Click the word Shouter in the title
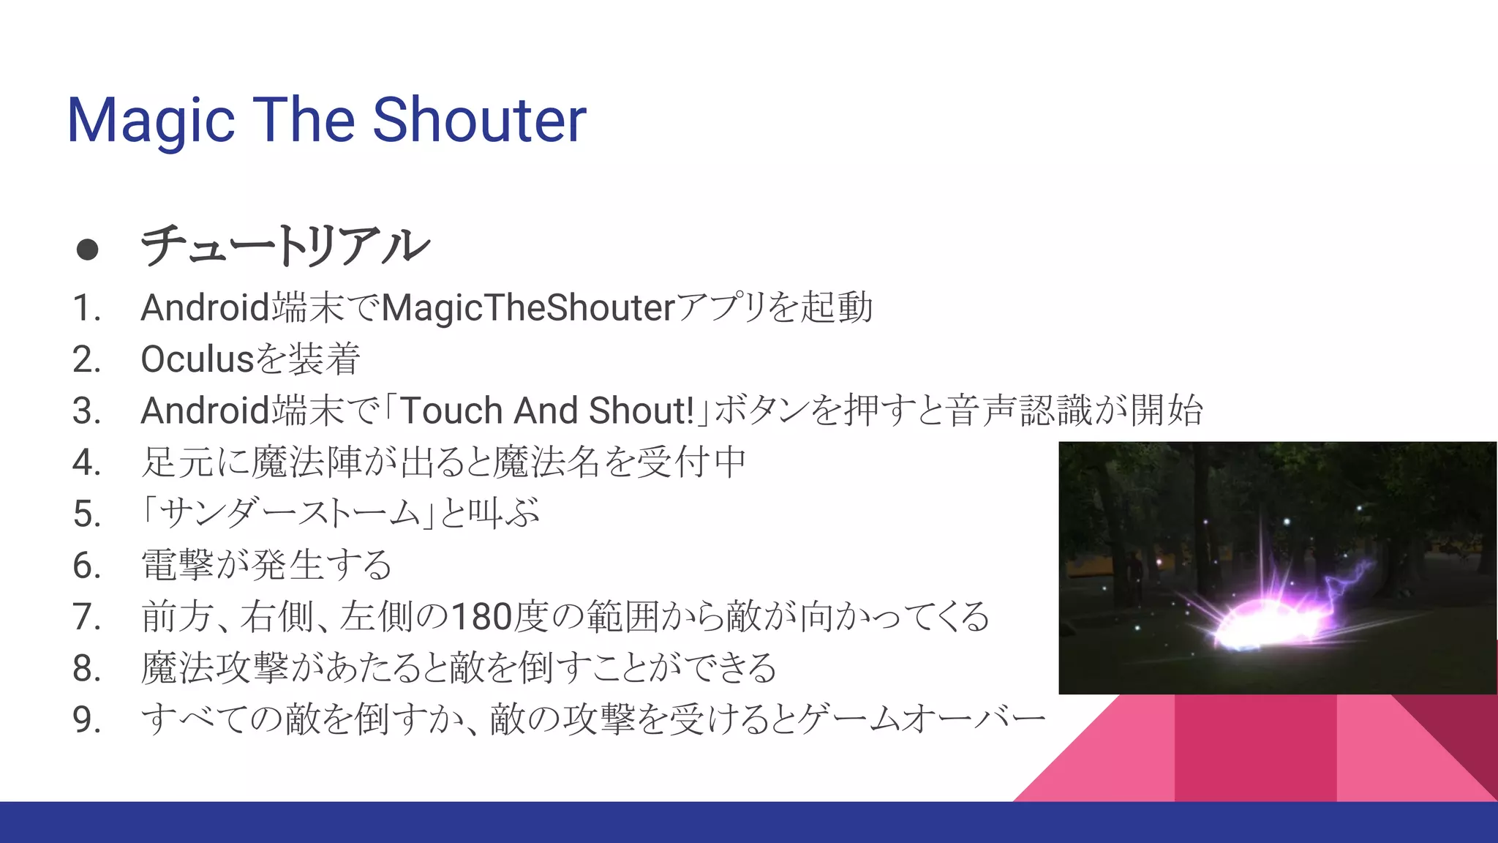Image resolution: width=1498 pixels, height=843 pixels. pos(479,120)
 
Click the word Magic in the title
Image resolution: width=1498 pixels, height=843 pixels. pos(151,121)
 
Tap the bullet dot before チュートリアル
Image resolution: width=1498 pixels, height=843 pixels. pos(87,250)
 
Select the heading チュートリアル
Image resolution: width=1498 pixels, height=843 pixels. pos(285,246)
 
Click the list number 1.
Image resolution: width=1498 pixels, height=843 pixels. pos(85,308)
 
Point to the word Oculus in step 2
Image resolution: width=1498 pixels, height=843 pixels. pos(197,359)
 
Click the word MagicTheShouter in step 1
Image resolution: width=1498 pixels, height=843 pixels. pos(527,308)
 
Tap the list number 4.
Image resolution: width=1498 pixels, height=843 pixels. pos(86,462)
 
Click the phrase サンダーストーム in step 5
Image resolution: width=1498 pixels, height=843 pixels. pos(290,513)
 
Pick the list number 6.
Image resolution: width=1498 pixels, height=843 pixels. pos(86,566)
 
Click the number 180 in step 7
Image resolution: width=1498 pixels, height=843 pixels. pos(481,617)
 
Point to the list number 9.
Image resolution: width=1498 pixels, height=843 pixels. pos(86,720)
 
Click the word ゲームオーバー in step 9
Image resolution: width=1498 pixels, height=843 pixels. pos(922,719)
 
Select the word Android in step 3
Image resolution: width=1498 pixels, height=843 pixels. pos(206,411)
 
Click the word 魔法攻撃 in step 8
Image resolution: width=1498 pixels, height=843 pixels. pos(214,668)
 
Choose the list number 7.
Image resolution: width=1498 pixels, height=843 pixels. pos(86,617)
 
